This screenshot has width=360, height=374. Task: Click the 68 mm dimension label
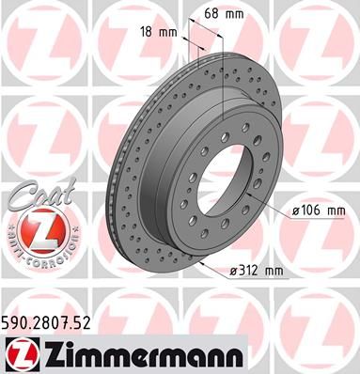[224, 14]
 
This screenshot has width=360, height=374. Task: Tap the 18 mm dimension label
[159, 32]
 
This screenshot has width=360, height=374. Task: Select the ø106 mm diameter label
[319, 210]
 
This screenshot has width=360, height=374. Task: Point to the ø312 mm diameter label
[257, 271]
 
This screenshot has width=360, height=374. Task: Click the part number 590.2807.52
[46, 322]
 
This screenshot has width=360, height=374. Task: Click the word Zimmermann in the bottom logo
[142, 354]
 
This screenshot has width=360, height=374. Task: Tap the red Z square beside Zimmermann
[23, 354]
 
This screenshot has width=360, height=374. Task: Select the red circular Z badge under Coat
[42, 230]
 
